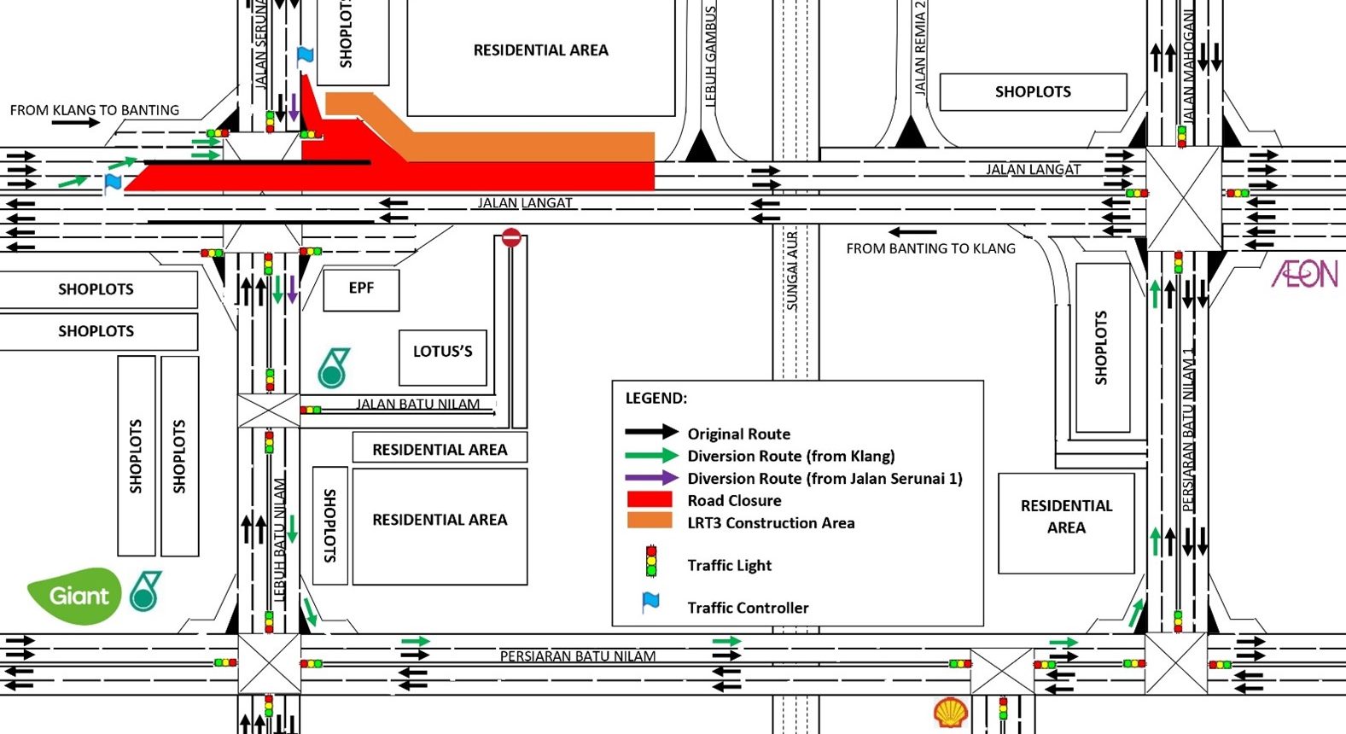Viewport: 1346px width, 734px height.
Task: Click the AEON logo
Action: (x=1304, y=274)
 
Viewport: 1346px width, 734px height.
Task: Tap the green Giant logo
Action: (x=75, y=595)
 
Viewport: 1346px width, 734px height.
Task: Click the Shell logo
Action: (x=950, y=712)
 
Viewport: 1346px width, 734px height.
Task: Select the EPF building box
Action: (x=361, y=288)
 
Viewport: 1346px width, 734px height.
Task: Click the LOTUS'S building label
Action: (x=442, y=352)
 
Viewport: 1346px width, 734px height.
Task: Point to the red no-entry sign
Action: (x=511, y=237)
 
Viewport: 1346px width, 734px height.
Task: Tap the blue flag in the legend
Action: (x=650, y=603)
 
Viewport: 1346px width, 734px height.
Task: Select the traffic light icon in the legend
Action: (x=651, y=562)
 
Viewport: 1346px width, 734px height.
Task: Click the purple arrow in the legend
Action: (x=651, y=478)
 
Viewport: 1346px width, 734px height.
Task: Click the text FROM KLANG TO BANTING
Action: (x=95, y=110)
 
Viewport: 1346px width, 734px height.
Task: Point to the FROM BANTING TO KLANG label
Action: (x=930, y=248)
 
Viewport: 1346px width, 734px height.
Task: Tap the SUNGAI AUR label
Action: (x=792, y=271)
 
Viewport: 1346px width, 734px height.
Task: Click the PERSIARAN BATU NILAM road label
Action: (x=578, y=656)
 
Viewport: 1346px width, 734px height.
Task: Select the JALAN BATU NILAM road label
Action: (x=417, y=404)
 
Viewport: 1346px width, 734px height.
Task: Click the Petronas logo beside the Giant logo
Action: (x=145, y=591)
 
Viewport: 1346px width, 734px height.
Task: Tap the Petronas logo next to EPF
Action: (x=333, y=368)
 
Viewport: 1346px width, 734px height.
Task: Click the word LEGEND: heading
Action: (x=656, y=398)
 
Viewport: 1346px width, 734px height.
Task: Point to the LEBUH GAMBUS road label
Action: (x=710, y=55)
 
